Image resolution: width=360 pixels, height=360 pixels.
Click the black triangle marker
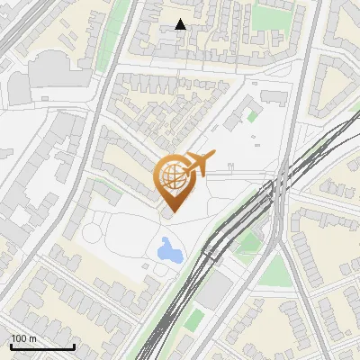pos(180,24)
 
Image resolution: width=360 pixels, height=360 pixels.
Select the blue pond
pos(168,249)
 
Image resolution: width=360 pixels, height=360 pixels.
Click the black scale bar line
pos(42,346)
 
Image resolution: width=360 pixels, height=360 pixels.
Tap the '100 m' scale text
pos(24,338)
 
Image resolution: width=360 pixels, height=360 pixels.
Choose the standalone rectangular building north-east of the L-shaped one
pos(274,96)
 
